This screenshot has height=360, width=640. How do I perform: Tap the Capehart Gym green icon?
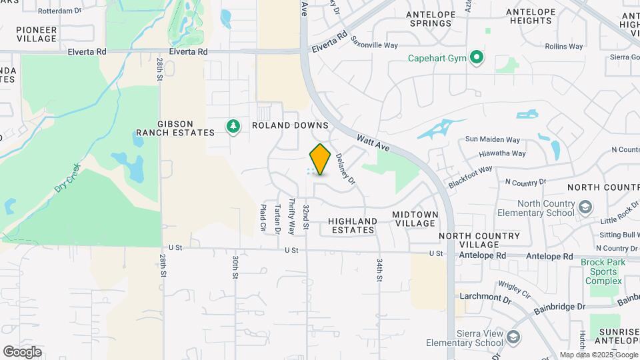click(x=476, y=57)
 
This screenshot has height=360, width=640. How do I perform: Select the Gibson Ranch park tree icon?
click(x=233, y=126)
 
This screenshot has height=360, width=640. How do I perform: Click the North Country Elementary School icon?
click(x=585, y=207)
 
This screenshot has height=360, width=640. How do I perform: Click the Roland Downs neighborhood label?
click(x=290, y=125)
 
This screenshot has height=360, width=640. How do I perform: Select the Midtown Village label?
click(x=415, y=219)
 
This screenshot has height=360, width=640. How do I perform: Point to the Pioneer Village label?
click(x=37, y=34)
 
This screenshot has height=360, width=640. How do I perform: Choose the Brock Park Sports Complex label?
click(x=603, y=271)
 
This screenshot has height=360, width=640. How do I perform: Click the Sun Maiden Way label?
click(x=492, y=139)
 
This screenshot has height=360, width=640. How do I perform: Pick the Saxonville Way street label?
click(x=374, y=41)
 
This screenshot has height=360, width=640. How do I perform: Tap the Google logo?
click(x=22, y=352)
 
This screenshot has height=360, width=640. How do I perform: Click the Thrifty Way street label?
click(x=291, y=217)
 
